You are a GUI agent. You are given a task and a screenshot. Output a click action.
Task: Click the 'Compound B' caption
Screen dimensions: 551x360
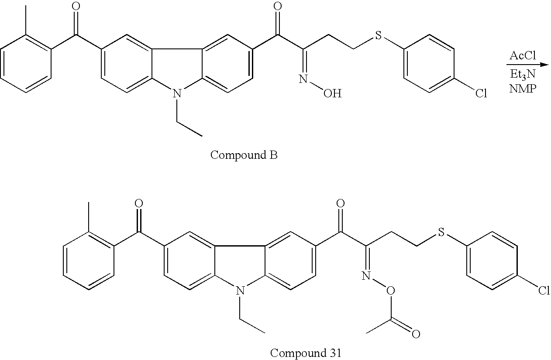(244, 155)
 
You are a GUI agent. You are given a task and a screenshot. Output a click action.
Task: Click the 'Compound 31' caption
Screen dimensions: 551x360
(305, 353)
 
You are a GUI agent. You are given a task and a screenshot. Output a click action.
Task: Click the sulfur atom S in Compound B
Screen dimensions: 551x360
(378, 36)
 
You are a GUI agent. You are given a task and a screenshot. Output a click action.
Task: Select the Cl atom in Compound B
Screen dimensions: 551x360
(481, 94)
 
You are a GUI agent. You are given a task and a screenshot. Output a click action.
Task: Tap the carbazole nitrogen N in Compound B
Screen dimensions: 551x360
(176, 93)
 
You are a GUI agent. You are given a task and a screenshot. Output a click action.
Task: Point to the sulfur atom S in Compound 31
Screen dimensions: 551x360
(441, 233)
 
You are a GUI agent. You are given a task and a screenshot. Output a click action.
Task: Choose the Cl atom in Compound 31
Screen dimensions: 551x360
(544, 291)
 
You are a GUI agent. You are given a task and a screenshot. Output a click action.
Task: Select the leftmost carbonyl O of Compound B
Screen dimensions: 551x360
(76, 6)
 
